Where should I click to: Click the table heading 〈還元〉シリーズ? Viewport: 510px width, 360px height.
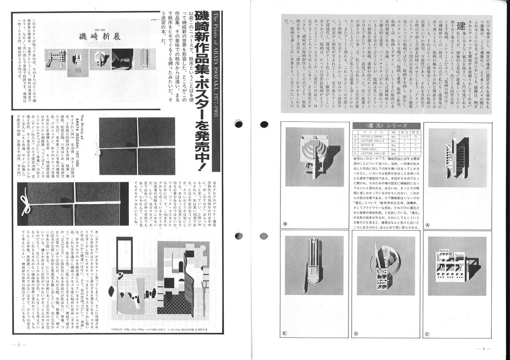click(386, 125)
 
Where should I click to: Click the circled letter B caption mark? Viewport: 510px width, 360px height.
click(285, 224)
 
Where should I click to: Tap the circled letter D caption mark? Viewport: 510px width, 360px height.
click(356, 334)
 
